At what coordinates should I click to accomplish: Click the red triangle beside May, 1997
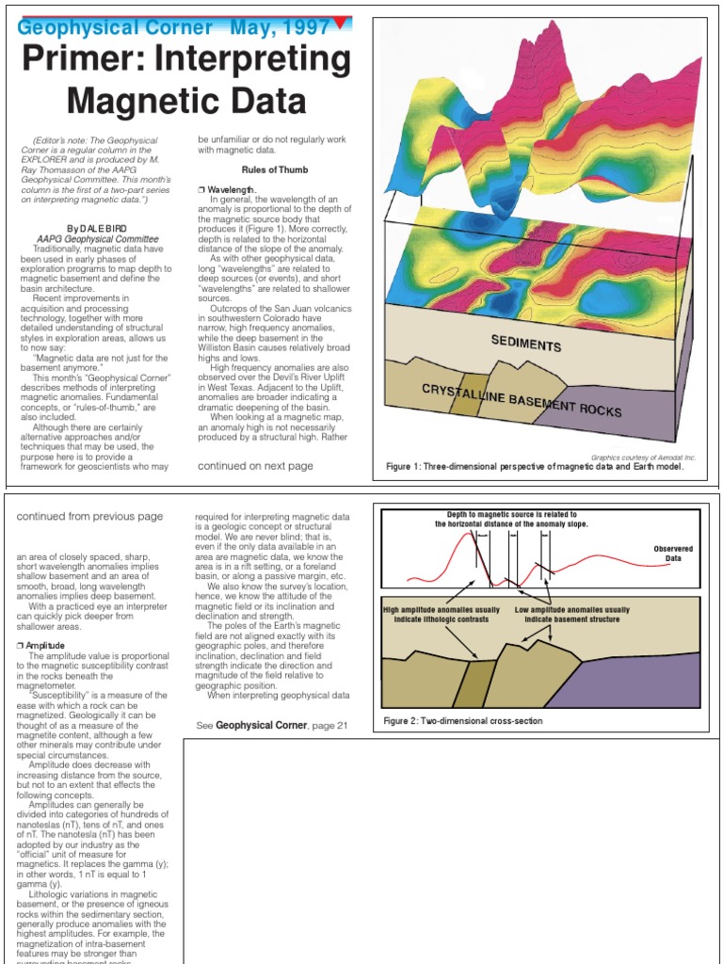coord(341,22)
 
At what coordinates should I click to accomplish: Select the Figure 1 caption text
coord(535,467)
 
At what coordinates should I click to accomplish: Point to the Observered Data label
coord(673,554)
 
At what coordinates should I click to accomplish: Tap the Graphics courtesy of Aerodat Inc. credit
coord(643,457)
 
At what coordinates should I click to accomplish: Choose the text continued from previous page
coord(90,516)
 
